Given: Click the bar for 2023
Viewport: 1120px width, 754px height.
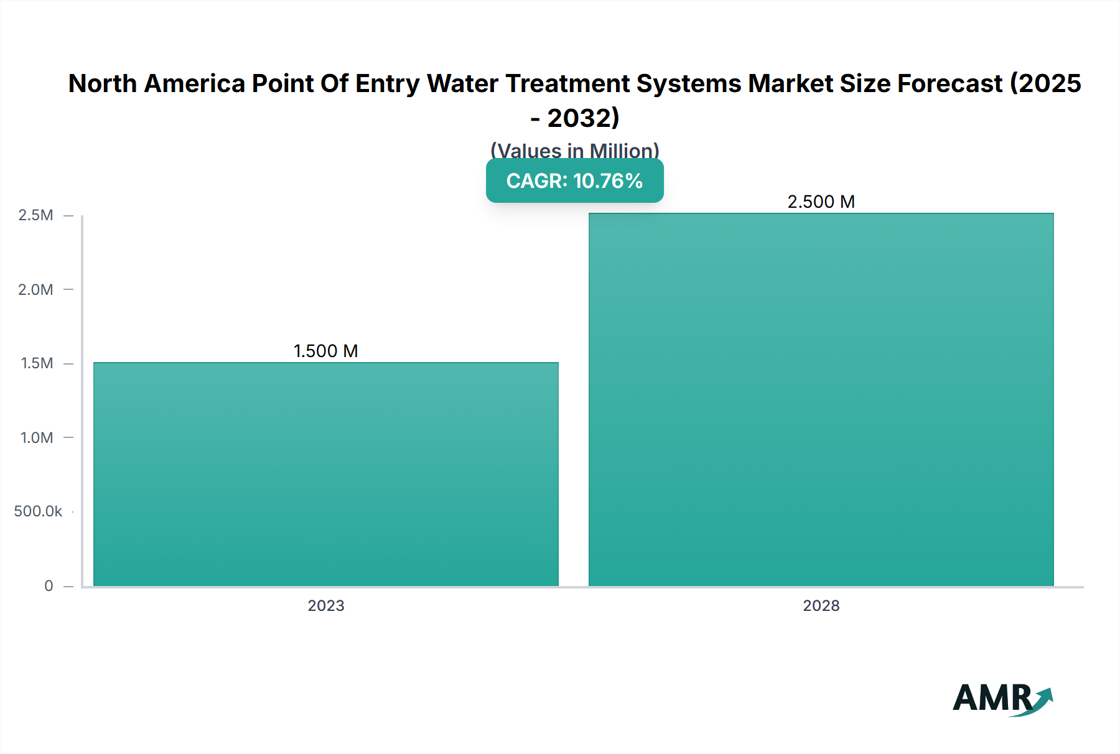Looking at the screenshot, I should coord(325,474).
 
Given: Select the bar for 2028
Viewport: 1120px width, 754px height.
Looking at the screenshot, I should coord(821,399).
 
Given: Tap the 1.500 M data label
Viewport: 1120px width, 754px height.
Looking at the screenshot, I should coord(325,351).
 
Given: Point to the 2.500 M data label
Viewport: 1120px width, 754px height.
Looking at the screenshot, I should coord(821,202).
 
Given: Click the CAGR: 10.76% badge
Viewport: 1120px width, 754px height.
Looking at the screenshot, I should coord(574,181).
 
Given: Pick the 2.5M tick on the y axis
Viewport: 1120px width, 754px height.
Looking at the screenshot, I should coord(35,215).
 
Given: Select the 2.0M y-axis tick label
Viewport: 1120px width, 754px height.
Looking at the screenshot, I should coord(35,289).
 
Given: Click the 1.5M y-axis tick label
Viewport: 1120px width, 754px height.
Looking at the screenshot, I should coord(37,363).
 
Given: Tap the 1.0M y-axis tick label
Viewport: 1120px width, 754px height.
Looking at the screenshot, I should coord(37,437).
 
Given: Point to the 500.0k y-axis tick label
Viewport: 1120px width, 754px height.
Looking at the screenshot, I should coord(38,511).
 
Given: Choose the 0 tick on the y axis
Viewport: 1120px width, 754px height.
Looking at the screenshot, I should coord(49,585).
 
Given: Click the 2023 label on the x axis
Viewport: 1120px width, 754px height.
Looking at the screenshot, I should coord(325,605).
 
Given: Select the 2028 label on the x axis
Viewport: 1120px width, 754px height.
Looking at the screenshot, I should coord(821,605).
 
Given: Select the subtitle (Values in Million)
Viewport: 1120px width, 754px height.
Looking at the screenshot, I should coord(574,150).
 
